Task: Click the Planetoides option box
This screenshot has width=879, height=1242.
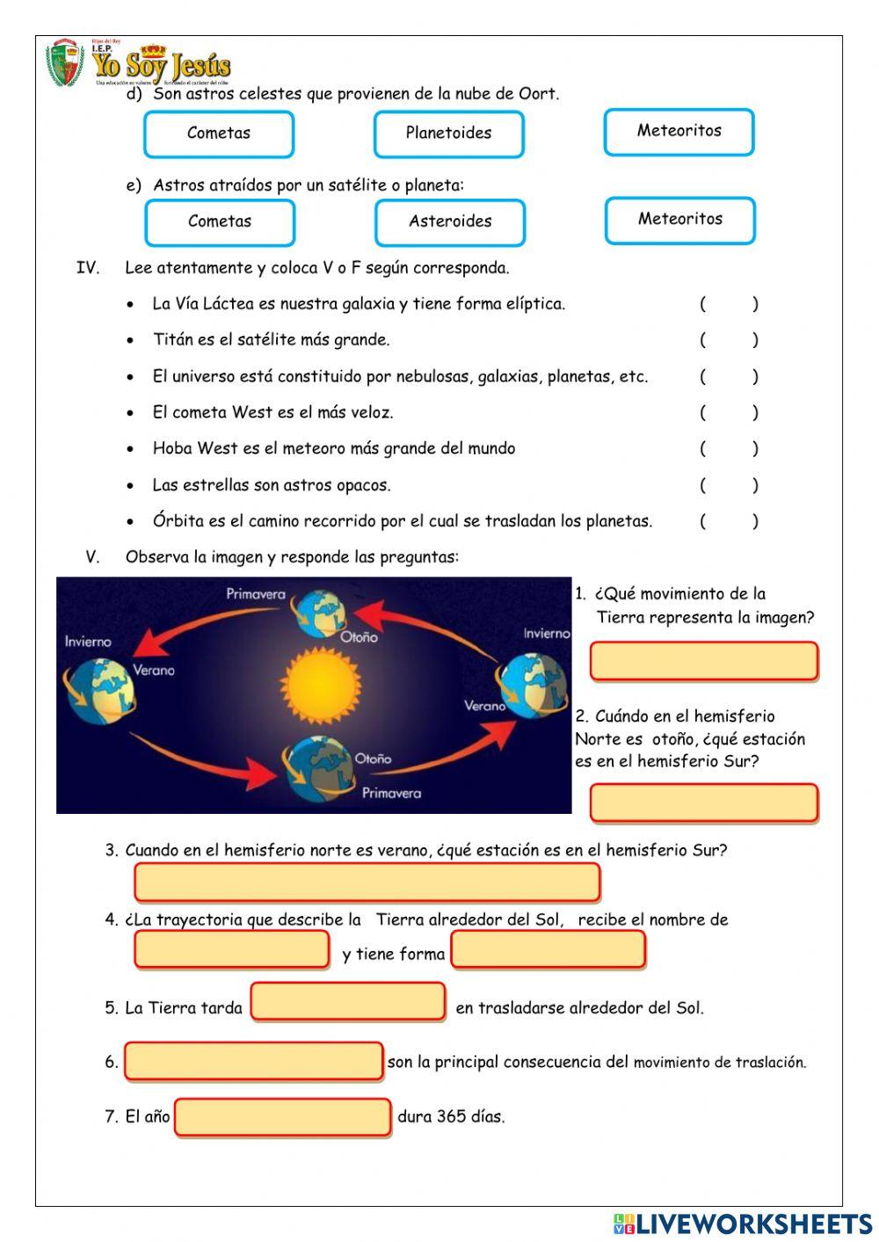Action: [448, 134]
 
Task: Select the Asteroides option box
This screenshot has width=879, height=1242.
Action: [449, 222]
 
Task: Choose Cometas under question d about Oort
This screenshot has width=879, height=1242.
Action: [218, 134]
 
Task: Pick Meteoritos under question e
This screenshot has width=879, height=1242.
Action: [679, 220]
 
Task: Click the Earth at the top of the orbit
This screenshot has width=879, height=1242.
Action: [320, 613]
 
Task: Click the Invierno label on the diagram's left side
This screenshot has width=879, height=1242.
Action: [88, 642]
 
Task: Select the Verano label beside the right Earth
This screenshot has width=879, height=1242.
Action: [484, 705]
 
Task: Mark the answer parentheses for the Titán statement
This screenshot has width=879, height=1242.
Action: [729, 340]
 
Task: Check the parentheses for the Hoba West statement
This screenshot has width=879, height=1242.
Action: [729, 448]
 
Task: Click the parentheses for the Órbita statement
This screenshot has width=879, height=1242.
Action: [729, 521]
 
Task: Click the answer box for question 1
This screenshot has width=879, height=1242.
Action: [703, 661]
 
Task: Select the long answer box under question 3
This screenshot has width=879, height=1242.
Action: [367, 882]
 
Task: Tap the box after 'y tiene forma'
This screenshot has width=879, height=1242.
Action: [548, 949]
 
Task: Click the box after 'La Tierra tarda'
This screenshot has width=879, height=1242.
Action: [348, 1002]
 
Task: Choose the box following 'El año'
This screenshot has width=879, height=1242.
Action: [282, 1117]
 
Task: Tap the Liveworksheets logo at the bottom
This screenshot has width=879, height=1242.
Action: [742, 1224]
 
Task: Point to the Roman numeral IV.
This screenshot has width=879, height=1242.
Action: [88, 268]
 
